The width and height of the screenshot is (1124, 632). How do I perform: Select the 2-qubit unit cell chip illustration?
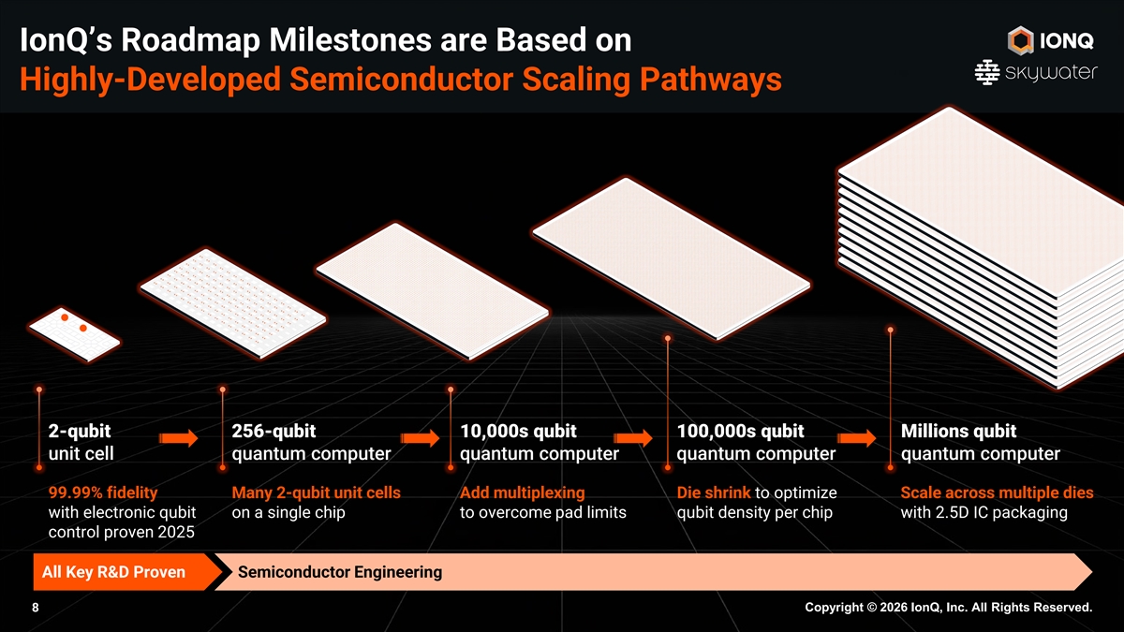click(73, 332)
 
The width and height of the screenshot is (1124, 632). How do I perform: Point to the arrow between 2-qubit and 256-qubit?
click(178, 439)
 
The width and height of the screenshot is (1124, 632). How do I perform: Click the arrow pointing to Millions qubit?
click(855, 439)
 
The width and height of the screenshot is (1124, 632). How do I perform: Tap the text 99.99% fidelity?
click(102, 492)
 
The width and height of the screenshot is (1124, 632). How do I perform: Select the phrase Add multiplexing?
click(522, 492)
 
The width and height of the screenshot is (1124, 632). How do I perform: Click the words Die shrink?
click(713, 492)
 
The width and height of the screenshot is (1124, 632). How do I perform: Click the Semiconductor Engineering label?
click(340, 572)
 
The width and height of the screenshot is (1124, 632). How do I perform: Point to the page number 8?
click(36, 609)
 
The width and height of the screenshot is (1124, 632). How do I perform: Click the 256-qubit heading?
click(273, 432)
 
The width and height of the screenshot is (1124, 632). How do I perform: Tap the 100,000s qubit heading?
click(739, 432)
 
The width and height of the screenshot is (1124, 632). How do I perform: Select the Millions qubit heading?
click(957, 432)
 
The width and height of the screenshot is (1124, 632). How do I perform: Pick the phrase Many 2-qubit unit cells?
click(316, 492)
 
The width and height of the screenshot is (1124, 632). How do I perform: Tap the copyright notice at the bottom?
click(948, 609)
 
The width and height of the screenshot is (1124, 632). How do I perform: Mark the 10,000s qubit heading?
click(518, 432)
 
